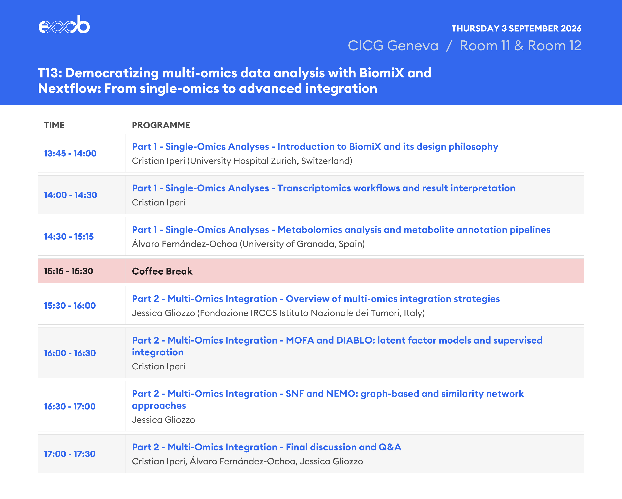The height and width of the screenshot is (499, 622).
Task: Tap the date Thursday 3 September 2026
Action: [516, 28]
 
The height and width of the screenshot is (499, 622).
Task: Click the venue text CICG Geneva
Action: [393, 46]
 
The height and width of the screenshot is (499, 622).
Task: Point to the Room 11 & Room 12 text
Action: [520, 46]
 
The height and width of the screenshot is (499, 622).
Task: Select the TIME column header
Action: [54, 125]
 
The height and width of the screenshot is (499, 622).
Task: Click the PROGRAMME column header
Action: [161, 125]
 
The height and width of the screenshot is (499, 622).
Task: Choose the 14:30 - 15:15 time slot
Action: [69, 236]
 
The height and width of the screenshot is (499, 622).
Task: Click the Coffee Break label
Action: [162, 271]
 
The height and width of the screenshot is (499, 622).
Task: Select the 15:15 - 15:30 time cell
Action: [68, 271]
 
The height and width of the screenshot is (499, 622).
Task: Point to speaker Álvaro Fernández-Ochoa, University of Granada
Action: [248, 244]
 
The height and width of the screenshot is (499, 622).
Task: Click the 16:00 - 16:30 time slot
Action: [70, 353]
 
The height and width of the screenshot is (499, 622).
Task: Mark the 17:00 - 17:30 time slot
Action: [70, 454]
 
